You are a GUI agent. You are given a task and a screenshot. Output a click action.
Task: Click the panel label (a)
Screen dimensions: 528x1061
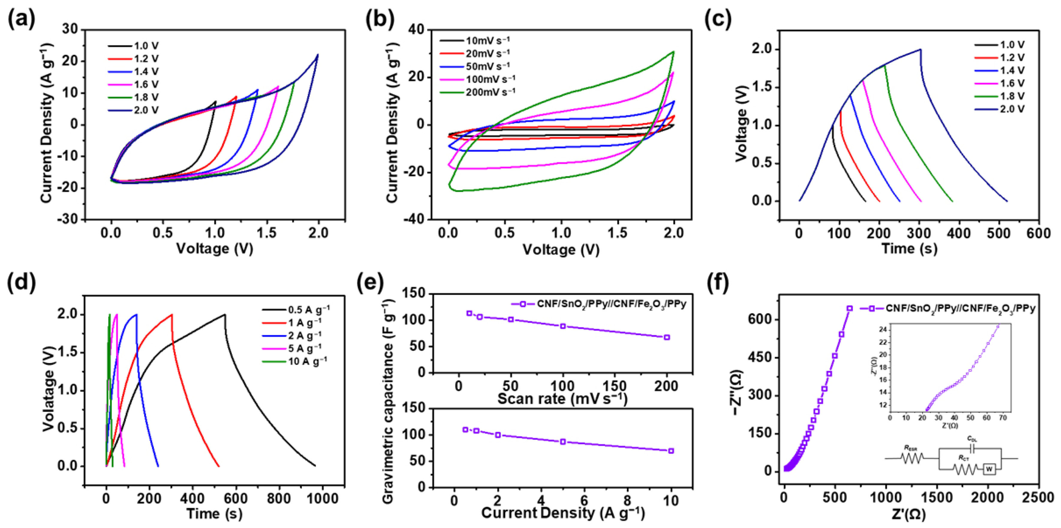tap(21, 19)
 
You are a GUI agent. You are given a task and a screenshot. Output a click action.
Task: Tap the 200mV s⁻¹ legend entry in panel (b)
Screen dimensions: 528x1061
tap(490, 92)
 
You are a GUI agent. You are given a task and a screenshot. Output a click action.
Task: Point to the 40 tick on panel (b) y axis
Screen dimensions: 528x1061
tap(418, 30)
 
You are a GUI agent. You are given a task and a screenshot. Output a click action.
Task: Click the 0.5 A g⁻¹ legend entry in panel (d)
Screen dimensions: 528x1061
tap(308, 309)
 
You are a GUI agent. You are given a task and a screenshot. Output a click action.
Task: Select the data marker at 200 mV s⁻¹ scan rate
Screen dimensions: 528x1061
tap(667, 337)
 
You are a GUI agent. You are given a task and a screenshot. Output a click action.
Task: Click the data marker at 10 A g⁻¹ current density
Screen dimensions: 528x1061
tap(671, 451)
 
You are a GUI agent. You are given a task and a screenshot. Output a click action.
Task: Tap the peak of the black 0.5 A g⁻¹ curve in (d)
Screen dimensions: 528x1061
tap(225, 314)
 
